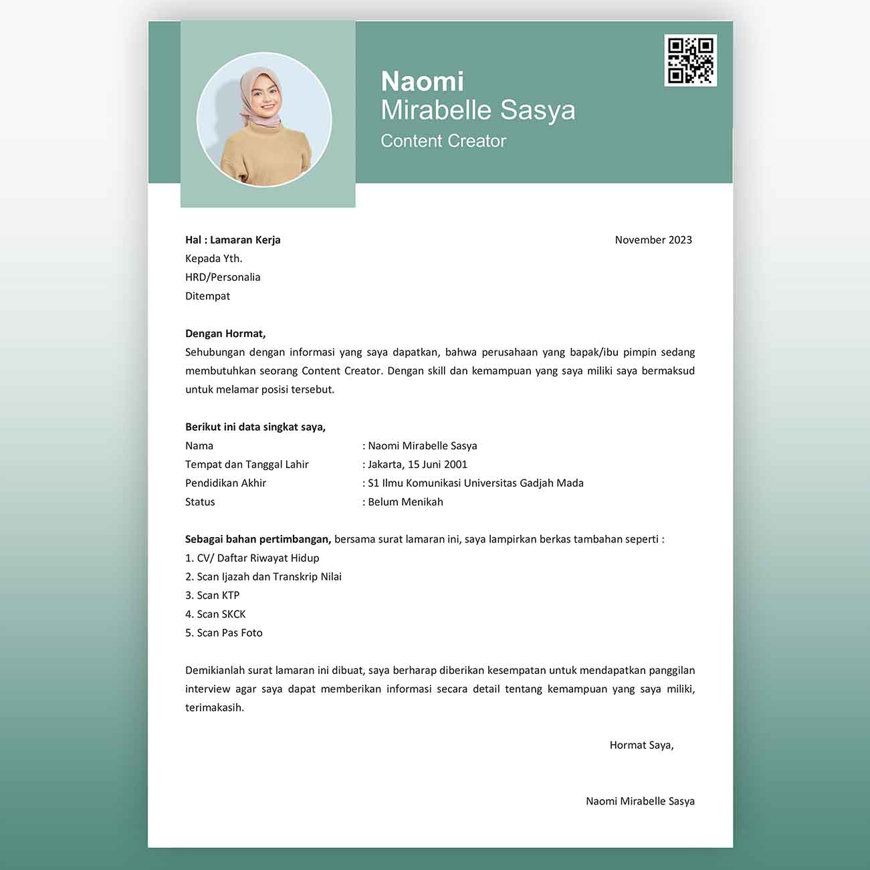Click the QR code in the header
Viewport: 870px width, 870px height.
coord(691,60)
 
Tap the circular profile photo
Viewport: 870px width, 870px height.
coord(264,120)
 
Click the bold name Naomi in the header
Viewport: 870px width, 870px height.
coord(422,82)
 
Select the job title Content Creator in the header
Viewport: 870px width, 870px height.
coord(443,141)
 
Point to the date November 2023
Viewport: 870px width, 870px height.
coord(653,240)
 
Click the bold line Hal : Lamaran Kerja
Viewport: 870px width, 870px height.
coord(233,240)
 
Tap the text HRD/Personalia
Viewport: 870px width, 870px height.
coord(223,278)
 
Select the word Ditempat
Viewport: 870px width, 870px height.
coord(207,296)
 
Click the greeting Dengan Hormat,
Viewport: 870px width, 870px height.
coord(225,334)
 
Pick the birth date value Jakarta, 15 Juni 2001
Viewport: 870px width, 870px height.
coord(417,465)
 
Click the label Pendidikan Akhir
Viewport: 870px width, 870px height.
coord(225,483)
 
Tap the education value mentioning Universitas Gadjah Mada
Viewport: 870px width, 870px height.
coord(475,483)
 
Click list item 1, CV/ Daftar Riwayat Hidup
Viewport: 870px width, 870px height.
coord(252,558)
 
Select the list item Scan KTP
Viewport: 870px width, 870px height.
coord(213,596)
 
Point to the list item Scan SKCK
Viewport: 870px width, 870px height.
coord(215,615)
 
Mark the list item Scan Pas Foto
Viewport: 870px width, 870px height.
coord(224,633)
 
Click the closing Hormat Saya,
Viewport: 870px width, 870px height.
coord(641,746)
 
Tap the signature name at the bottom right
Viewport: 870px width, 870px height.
coord(640,802)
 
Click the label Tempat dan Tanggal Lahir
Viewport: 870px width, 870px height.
coord(247,465)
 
